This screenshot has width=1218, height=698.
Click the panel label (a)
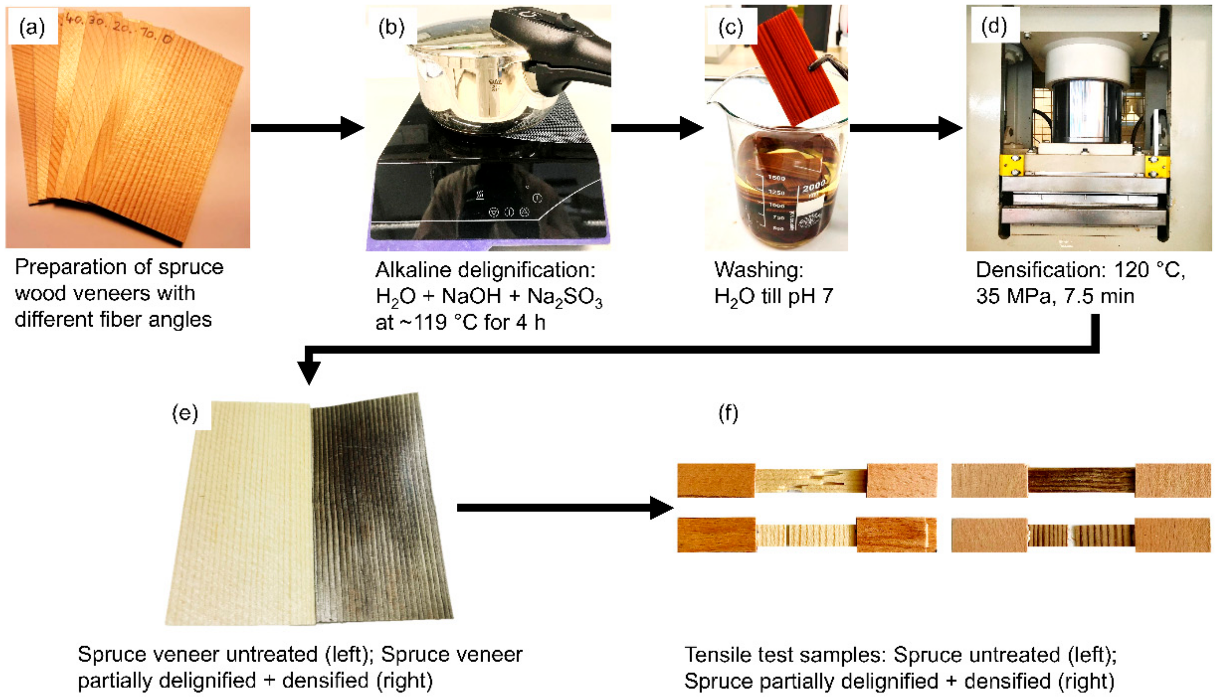click(x=32, y=28)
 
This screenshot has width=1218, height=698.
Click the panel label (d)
click(x=994, y=26)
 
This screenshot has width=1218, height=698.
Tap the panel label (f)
click(x=728, y=413)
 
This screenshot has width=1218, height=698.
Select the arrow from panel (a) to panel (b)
click(x=307, y=128)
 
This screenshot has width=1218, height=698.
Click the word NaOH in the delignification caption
click(x=471, y=297)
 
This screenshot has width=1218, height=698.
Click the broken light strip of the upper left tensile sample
click(x=811, y=481)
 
